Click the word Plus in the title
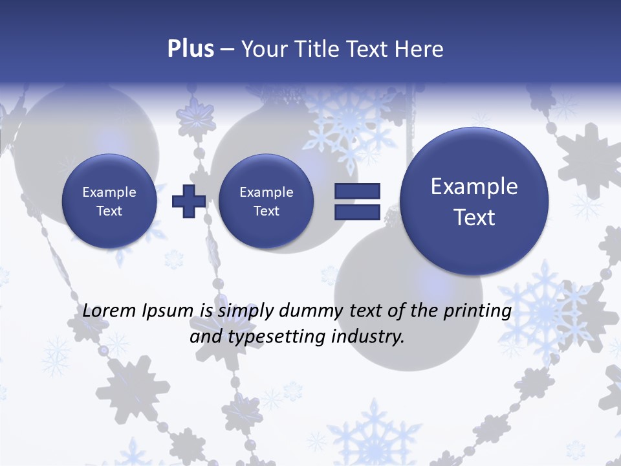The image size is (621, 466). click(x=190, y=49)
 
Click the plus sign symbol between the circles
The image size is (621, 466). click(x=188, y=201)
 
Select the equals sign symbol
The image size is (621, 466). click(x=357, y=201)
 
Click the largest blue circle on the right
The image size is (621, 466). click(x=474, y=201)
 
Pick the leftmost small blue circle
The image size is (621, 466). click(x=109, y=201)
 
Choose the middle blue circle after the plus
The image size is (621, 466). click(x=266, y=201)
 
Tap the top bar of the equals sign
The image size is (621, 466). click(x=357, y=192)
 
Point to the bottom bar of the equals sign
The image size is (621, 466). click(x=357, y=212)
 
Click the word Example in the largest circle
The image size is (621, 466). click(x=474, y=186)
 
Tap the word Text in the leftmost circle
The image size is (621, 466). click(x=109, y=211)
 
